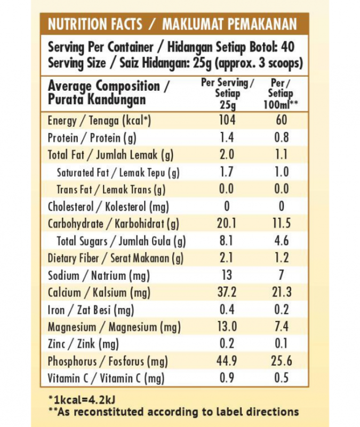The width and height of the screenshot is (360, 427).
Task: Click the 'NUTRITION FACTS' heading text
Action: (95, 25)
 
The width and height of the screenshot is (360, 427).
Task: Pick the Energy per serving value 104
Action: (227, 120)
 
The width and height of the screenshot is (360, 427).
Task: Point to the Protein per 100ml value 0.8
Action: (281, 138)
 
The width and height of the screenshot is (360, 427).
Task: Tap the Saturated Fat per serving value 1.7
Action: (227, 172)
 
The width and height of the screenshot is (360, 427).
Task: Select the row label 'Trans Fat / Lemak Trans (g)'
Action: (111, 189)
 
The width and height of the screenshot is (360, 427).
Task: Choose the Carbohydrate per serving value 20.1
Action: (227, 224)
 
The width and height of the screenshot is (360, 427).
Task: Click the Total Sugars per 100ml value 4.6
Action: (281, 241)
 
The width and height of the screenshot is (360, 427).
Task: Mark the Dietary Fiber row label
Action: (115, 258)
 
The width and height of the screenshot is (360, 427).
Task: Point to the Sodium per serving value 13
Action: (227, 275)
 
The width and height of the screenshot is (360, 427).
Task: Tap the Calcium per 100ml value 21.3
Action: (281, 292)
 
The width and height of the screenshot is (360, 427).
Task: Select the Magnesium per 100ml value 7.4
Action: (281, 327)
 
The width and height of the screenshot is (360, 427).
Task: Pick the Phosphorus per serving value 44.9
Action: (227, 361)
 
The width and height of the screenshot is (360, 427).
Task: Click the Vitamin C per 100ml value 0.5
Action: (281, 378)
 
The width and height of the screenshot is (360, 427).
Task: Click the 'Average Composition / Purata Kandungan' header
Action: (109, 93)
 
